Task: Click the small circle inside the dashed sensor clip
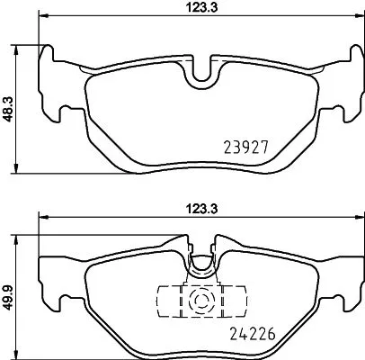pyautogui.click(x=200, y=300)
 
